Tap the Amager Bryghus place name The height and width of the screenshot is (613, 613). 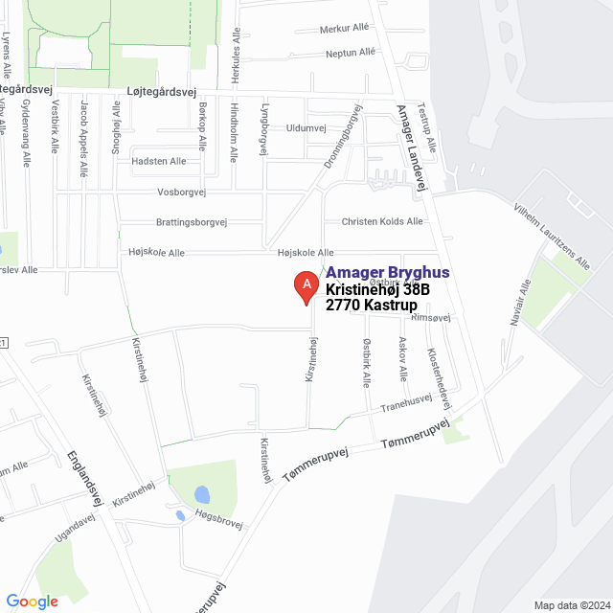388,273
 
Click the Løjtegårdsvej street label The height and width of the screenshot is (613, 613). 161,92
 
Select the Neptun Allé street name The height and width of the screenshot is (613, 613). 351,53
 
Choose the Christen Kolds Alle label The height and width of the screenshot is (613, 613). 382,221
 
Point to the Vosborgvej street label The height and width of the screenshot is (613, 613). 181,192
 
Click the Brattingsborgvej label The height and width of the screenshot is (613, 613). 191,221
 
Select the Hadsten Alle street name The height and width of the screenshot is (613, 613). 159,161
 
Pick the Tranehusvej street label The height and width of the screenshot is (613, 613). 407,405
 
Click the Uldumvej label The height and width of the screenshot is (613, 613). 306,127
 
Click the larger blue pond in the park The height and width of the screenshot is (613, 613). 201,495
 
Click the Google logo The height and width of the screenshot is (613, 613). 33,602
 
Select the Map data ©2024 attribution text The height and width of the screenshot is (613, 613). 571,605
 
